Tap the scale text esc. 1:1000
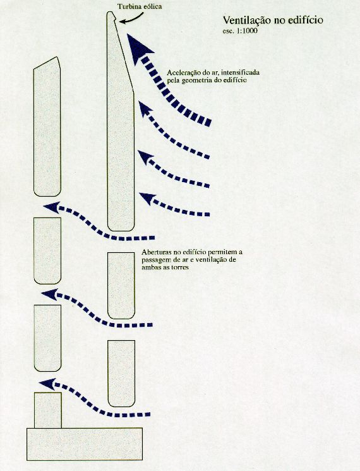240,30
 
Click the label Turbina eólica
140,6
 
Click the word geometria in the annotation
195,81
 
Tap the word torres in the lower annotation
180,267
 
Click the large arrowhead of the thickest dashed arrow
138,48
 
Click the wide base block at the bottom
85,444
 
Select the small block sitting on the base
48,410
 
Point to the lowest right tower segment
121,374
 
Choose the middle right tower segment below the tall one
121,285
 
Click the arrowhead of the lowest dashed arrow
47,384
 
